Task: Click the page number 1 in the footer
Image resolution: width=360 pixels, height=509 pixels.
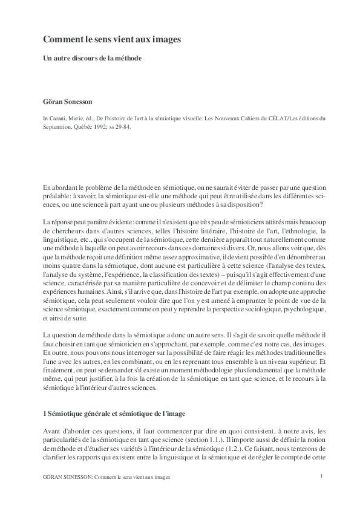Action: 322,476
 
